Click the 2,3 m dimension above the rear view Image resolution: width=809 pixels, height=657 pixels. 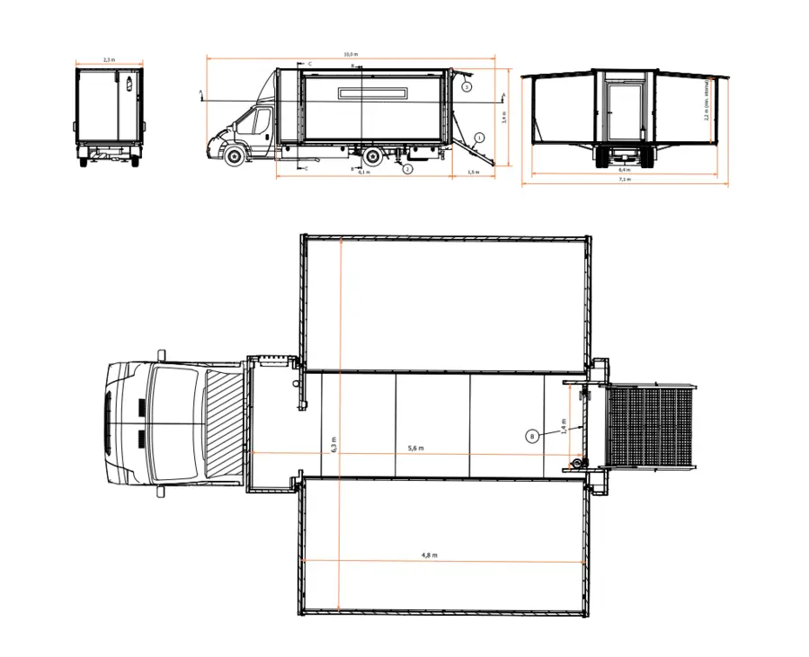(x=109, y=59)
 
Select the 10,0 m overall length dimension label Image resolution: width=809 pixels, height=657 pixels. (x=349, y=54)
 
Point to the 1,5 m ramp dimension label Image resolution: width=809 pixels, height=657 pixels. (x=471, y=172)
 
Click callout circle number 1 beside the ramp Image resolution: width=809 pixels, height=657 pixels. (x=479, y=138)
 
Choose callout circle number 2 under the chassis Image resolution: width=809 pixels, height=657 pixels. (x=407, y=168)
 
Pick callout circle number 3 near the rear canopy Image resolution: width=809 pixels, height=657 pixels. (x=467, y=87)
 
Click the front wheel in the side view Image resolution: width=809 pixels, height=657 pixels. (x=235, y=155)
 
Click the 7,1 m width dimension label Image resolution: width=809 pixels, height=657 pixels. (x=625, y=180)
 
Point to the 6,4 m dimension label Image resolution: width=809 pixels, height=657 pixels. (x=625, y=168)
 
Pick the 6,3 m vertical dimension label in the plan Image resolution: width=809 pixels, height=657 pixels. (x=333, y=444)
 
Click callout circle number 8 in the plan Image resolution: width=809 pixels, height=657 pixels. (x=532, y=436)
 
